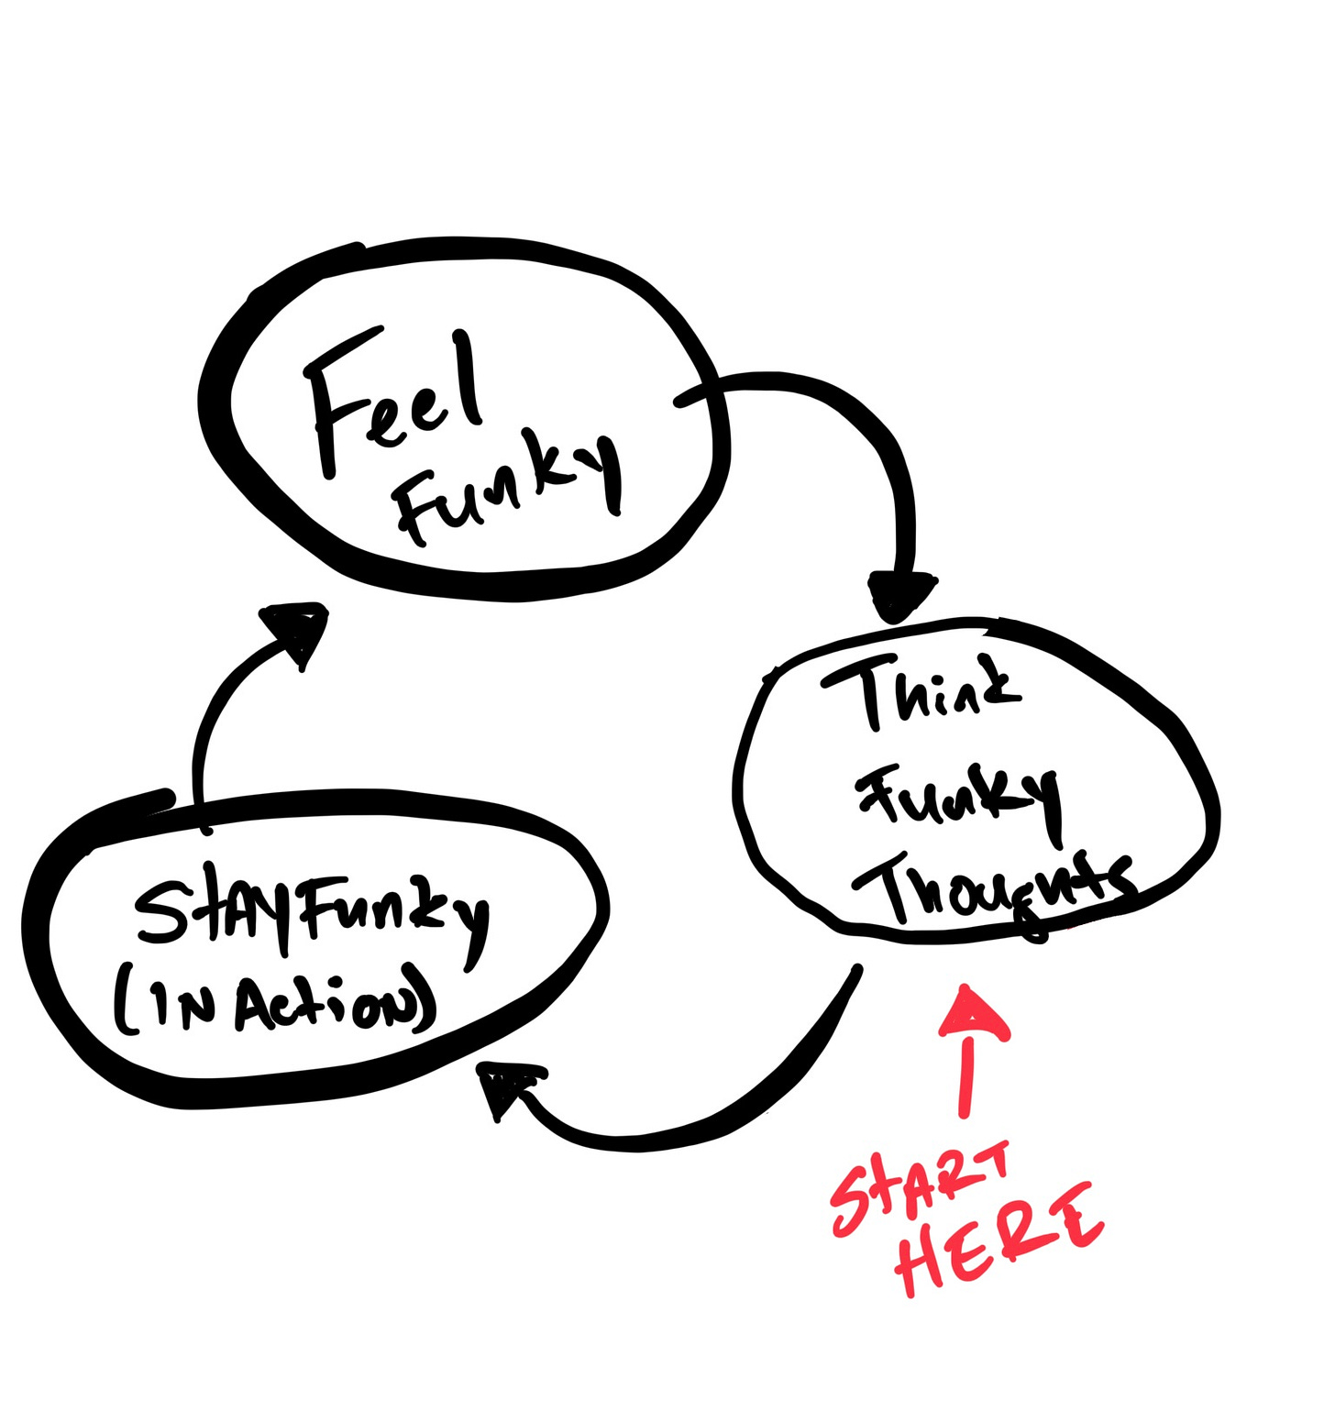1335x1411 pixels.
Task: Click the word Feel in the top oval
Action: (x=390, y=399)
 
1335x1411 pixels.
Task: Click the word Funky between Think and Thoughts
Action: (x=958, y=798)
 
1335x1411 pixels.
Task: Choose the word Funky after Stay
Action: (x=394, y=912)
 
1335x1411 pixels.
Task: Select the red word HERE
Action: (x=999, y=1238)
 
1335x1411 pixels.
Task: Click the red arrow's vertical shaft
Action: (x=965, y=1077)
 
